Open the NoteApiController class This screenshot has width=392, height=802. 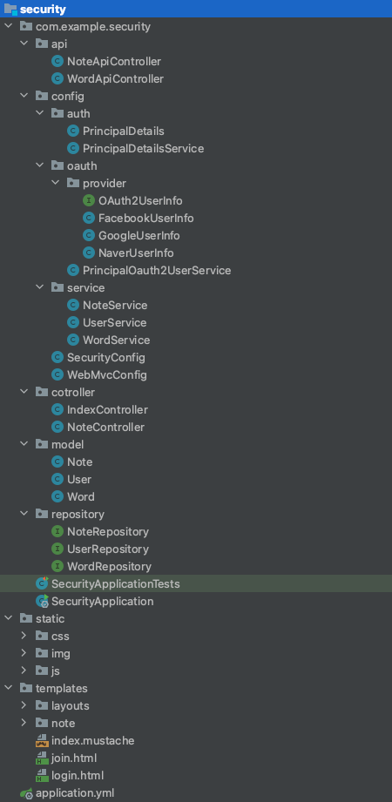pyautogui.click(x=113, y=61)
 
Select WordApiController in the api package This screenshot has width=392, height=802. pyautogui.click(x=115, y=78)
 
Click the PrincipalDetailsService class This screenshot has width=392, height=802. pyautogui.click(x=143, y=148)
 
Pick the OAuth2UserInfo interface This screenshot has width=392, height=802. pyautogui.click(x=140, y=200)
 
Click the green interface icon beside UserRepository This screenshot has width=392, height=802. pyautogui.click(x=57, y=549)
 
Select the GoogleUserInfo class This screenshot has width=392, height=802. pyautogui.click(x=139, y=235)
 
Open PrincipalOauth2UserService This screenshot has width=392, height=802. pyautogui.click(x=157, y=270)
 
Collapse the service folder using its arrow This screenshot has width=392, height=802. pyautogui.click(x=39, y=287)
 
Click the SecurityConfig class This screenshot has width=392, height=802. pyautogui.click(x=106, y=357)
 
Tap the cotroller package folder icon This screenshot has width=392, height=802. pyautogui.click(x=42, y=392)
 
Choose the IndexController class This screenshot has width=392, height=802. pyautogui.click(x=107, y=409)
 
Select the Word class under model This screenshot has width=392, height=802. pyautogui.click(x=81, y=496)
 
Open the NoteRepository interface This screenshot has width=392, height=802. pyautogui.click(x=108, y=531)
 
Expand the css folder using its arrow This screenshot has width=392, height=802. pyautogui.click(x=24, y=636)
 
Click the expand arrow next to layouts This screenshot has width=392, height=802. pyautogui.click(x=24, y=705)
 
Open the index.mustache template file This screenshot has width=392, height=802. pyautogui.click(x=92, y=740)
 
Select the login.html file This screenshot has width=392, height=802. pyautogui.click(x=78, y=775)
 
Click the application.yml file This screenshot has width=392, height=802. pyautogui.click(x=75, y=792)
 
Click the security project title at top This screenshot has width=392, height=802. pyautogui.click(x=43, y=9)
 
